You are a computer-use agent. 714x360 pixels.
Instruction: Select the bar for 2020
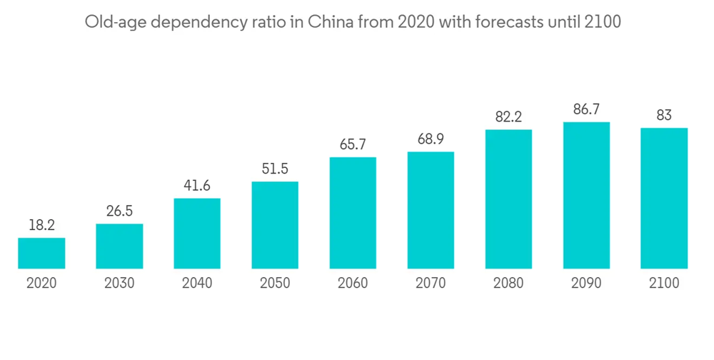(x=41, y=254)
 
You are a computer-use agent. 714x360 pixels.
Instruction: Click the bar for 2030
(x=119, y=246)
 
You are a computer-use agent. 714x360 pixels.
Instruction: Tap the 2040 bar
(x=197, y=234)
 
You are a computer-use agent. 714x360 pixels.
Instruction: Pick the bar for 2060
(x=353, y=213)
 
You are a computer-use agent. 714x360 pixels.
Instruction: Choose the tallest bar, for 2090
(x=586, y=196)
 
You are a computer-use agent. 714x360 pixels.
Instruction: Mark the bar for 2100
(x=664, y=199)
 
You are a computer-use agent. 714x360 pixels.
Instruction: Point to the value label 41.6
(x=197, y=186)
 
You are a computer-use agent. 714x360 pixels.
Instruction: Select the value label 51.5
(x=275, y=169)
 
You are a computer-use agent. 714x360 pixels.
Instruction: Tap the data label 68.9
(x=431, y=139)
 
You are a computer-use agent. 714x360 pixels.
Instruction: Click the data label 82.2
(x=508, y=117)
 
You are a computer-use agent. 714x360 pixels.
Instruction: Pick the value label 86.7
(x=586, y=109)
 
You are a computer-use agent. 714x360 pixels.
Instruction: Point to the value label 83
(x=664, y=115)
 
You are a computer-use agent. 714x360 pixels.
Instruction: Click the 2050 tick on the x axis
(x=275, y=284)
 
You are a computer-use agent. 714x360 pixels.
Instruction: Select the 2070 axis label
(x=431, y=284)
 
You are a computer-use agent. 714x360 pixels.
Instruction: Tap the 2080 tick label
(x=508, y=284)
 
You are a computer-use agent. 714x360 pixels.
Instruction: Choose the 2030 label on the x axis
(x=119, y=284)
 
